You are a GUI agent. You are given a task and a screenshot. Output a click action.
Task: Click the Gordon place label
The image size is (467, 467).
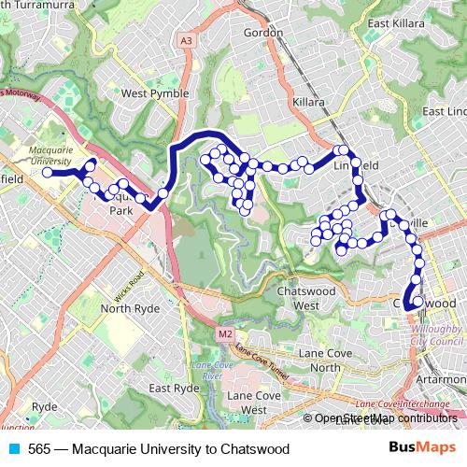262,33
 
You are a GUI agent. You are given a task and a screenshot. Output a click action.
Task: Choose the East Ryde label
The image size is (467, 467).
174,388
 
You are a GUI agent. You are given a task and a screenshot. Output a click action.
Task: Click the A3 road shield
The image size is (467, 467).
187,41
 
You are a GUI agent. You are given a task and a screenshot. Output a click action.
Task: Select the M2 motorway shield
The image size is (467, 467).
225,333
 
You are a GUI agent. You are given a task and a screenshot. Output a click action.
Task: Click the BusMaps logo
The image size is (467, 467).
425,448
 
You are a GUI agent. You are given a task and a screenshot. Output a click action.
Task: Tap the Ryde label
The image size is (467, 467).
44,407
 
